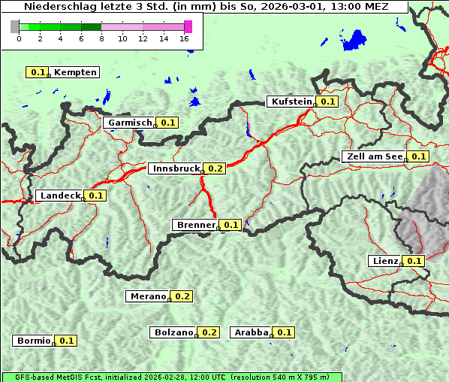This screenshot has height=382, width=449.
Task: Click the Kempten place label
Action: pos(75,72)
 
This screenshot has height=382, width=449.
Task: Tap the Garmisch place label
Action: pos(130,123)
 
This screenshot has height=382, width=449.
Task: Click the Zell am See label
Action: pos(373,156)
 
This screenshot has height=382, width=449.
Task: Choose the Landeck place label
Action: pos(59,196)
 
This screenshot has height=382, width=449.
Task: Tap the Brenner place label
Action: pos(195,225)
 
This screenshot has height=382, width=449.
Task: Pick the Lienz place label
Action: pos(384,261)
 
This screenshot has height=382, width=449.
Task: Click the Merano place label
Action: pos(146,296)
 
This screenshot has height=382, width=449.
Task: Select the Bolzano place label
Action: pos(173,332)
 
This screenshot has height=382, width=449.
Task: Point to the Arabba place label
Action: pos(251,332)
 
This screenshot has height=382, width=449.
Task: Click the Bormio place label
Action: pos(33,341)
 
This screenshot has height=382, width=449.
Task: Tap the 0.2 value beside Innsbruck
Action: pos(216,168)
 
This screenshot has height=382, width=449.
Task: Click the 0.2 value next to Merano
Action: pos(183,296)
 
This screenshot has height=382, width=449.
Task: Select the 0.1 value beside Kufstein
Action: pos(327,102)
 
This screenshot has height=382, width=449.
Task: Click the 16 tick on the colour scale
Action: pos(185,38)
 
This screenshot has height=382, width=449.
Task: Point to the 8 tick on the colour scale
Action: pos(101,38)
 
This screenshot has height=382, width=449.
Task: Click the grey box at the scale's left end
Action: pos(15,26)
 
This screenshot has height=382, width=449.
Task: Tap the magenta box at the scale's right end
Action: pos(188,26)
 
